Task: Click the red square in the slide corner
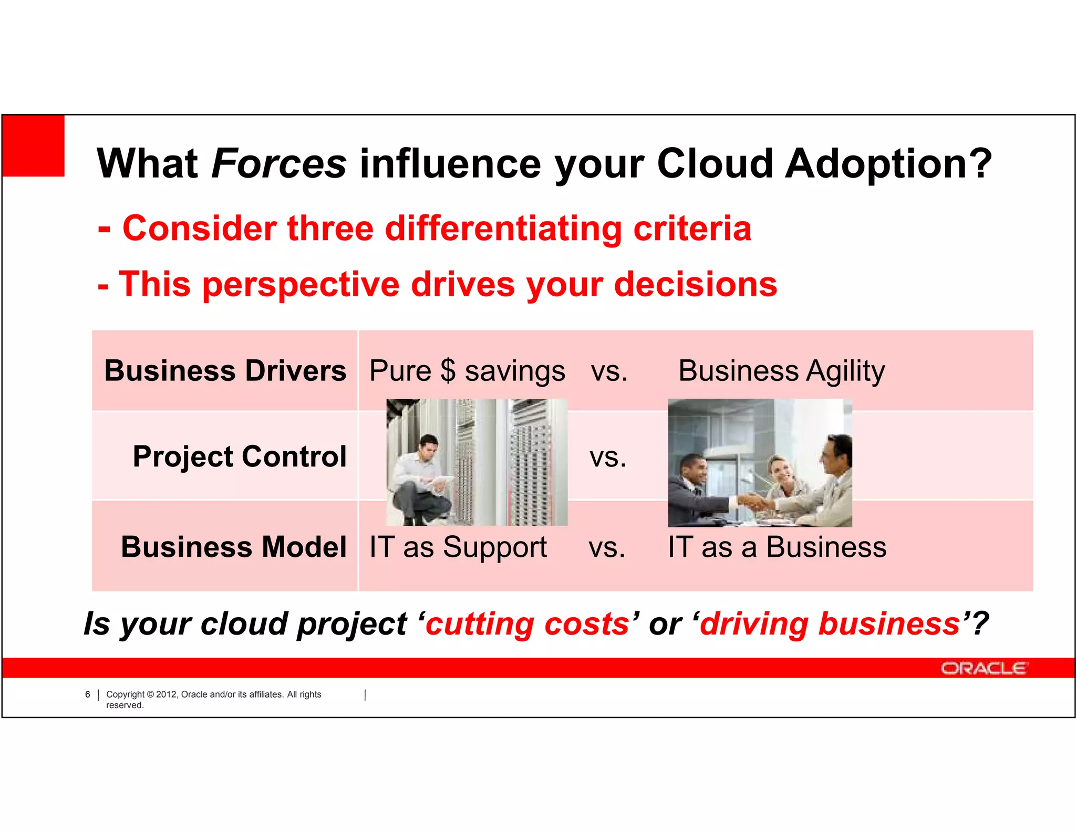point(34,146)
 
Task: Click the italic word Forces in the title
point(278,164)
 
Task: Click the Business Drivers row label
point(225,371)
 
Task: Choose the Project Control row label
point(240,456)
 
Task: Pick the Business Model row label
point(234,547)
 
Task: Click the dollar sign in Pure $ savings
point(448,371)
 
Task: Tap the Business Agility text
point(781,371)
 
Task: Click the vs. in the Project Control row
point(608,457)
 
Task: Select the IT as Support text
point(458,547)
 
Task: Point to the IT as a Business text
point(777,547)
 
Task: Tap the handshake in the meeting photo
point(755,502)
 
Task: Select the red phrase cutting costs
point(527,624)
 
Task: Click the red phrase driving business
point(830,624)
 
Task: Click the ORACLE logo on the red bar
point(983,668)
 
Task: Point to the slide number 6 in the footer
point(88,694)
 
